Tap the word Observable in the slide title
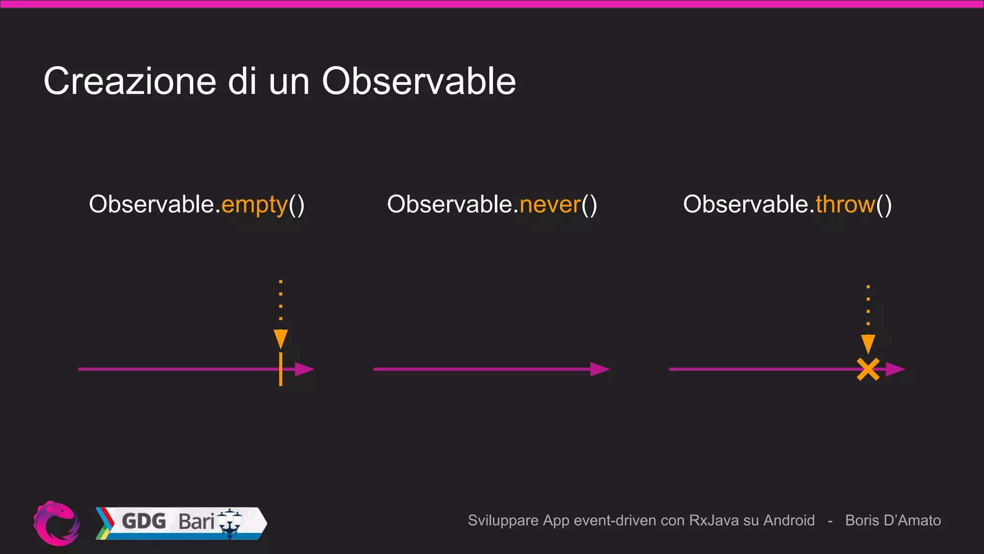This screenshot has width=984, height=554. coord(418,81)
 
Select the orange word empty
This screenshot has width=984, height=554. coord(254,204)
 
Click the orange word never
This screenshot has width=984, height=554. coord(550,204)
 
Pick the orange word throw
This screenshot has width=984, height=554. coord(845,204)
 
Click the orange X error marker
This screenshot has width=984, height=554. coord(868,369)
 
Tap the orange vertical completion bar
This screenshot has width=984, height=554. coord(281,369)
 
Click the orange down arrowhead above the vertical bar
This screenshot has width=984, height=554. coord(281,339)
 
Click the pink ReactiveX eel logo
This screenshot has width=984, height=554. coord(57,523)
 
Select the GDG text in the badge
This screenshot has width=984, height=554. coord(144,521)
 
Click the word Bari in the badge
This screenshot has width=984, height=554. coord(196,521)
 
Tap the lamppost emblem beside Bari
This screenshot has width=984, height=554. coord(230,523)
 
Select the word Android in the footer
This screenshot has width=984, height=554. coord(789,520)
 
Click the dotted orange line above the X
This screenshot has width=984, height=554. coord(868,306)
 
